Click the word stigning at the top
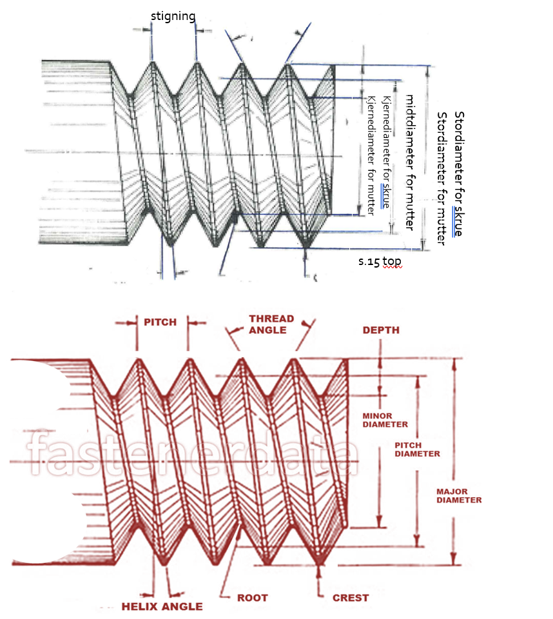(173, 17)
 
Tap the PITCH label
(160, 322)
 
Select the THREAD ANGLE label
(271, 324)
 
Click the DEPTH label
(381, 330)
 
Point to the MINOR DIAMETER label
(385, 420)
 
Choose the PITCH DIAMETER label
(417, 449)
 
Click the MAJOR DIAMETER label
(459, 496)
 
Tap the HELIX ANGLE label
(162, 606)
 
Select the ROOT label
(252, 598)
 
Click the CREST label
(351, 598)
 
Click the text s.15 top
(380, 261)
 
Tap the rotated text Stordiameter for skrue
(459, 173)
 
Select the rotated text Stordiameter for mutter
(441, 179)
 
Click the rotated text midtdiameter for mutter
(410, 162)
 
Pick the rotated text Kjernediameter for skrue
(387, 152)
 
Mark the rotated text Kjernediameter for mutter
(371, 155)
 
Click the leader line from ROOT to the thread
(230, 560)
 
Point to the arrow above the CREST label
(319, 576)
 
